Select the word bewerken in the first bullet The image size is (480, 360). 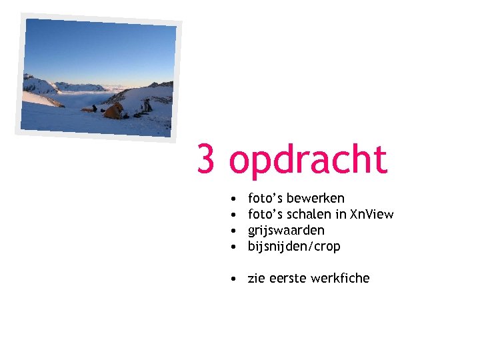click(315, 198)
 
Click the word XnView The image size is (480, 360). click(372, 214)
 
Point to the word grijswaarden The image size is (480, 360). click(286, 230)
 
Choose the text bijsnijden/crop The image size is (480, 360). click(294, 247)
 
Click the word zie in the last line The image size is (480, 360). click(257, 278)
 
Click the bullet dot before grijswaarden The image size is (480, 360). click(229, 231)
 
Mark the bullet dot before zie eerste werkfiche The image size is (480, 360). click(229, 279)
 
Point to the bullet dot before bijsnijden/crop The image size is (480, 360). click(229, 247)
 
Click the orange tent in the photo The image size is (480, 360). click(114, 111)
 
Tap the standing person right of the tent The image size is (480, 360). click(145, 105)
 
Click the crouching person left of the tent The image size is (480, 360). click(95, 108)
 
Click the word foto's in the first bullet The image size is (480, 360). click(265, 198)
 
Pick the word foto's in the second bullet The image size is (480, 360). click(265, 214)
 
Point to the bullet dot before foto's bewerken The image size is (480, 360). click(229, 199)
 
